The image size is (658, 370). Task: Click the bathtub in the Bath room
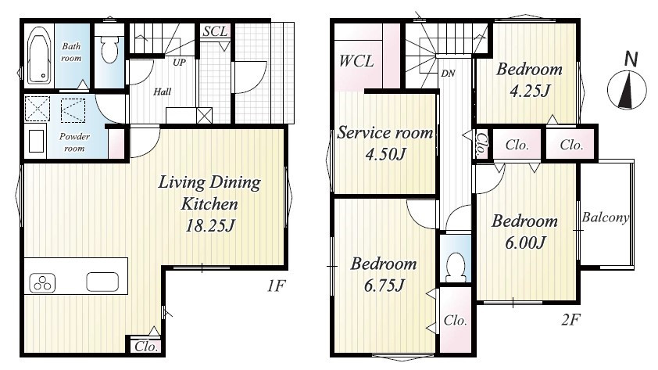point(39,56)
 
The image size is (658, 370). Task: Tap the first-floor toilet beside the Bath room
point(110,49)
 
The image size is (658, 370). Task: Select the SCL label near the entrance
point(215,31)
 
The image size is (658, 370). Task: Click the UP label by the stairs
point(179,63)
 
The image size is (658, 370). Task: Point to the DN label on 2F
point(449,74)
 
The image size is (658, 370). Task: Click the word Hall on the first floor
point(162,92)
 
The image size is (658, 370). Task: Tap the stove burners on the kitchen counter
point(42,282)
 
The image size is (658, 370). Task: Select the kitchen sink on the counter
point(102,282)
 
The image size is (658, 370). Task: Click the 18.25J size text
point(209,226)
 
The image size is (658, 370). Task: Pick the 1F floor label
point(276,286)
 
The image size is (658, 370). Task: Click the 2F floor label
point(570,320)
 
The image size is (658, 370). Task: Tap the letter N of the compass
point(631,59)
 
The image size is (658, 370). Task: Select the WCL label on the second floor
point(356,61)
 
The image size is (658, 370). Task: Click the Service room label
point(384,133)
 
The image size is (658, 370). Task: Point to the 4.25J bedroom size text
point(530,91)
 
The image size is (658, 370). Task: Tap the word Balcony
point(606,217)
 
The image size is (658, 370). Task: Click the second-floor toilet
point(456,268)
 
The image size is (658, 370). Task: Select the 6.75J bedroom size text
point(384,286)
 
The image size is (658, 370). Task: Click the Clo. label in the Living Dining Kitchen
point(146,347)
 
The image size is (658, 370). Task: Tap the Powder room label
point(74,142)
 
